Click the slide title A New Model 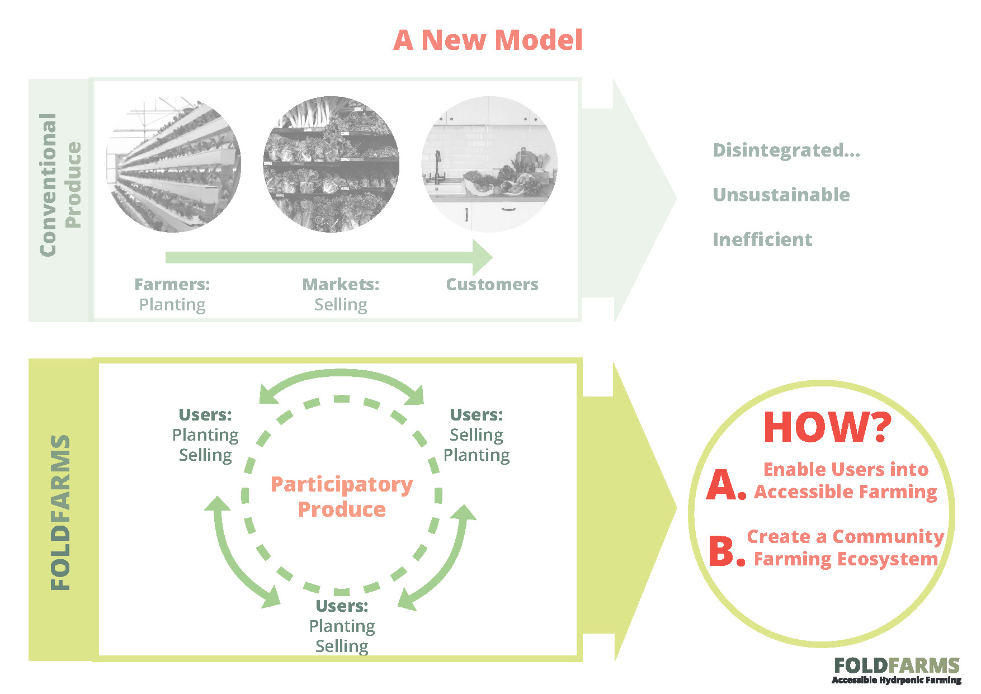(488, 40)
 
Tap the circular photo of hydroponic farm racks (173, 164)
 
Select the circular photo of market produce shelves (331, 164)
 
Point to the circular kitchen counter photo (489, 164)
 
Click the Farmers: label (172, 284)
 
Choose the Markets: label (341, 284)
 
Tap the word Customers (492, 284)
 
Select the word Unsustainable (781, 195)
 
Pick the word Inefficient (762, 239)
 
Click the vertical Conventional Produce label (60, 185)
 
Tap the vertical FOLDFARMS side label (60, 512)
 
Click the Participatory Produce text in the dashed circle (342, 497)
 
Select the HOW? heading (827, 427)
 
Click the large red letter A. (726, 484)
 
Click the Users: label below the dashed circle (342, 606)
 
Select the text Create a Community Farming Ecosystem (846, 547)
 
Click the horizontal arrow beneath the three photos (329, 257)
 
